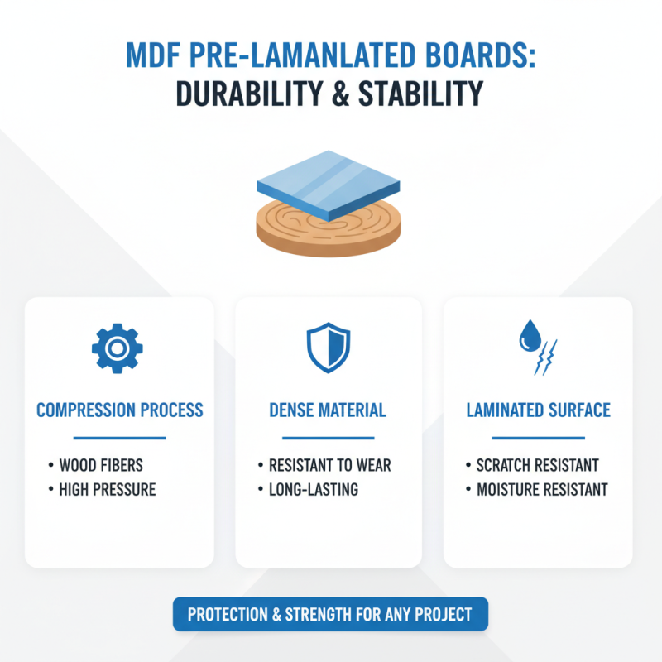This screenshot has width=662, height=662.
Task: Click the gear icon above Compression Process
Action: click(x=118, y=348)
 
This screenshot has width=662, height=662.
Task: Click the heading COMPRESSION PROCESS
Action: click(x=119, y=410)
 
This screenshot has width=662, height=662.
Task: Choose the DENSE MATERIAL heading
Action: click(x=328, y=410)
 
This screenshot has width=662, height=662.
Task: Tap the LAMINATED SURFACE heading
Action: click(x=539, y=410)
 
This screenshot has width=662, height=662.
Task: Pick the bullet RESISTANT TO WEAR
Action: click(x=330, y=465)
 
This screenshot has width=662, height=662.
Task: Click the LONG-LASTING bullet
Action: click(x=314, y=489)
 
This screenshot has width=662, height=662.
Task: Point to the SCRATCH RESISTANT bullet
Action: click(x=538, y=465)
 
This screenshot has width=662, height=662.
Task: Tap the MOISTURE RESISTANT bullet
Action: click(x=542, y=489)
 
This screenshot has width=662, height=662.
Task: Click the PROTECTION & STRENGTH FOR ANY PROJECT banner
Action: click(x=329, y=615)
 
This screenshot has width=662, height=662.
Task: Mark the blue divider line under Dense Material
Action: click(x=328, y=438)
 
